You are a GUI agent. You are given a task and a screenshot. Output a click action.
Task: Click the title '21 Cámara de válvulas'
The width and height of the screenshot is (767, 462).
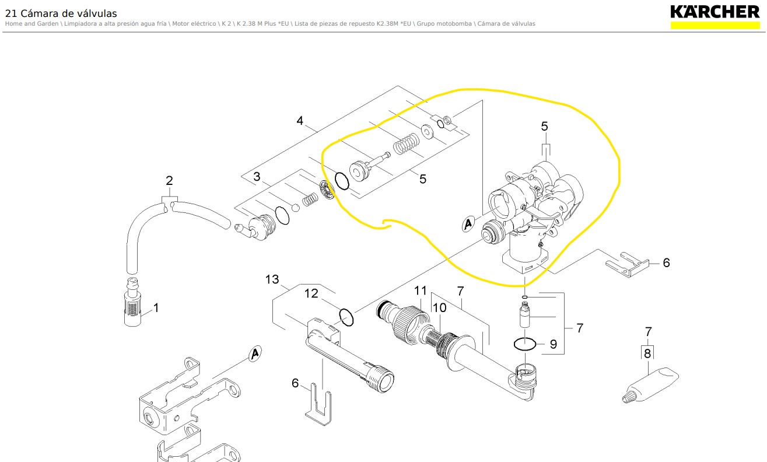[61, 13]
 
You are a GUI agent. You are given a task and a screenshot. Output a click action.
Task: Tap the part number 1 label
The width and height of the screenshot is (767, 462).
[156, 307]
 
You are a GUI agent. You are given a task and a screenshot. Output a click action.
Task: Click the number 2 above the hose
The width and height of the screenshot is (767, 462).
[169, 180]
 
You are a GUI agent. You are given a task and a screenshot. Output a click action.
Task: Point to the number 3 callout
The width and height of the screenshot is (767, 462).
[257, 176]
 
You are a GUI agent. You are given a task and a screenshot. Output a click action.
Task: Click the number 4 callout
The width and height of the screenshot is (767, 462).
[300, 121]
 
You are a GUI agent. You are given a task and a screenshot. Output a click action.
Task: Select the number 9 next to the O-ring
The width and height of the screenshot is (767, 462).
[554, 344]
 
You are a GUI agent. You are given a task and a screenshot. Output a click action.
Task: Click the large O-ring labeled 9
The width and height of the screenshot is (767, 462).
[525, 344]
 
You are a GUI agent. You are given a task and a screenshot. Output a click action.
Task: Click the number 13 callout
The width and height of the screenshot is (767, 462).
[272, 279]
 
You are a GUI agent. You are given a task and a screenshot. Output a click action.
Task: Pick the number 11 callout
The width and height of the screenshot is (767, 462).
[421, 290]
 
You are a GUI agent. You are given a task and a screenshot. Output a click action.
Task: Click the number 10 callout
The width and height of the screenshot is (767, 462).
[439, 307]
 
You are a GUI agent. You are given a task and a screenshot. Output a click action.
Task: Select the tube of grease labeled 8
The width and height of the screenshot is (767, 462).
[650, 385]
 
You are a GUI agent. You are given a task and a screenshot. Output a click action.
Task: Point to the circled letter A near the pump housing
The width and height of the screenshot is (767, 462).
[468, 224]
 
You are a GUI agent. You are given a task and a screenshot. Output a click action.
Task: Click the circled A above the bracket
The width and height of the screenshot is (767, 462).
[255, 354]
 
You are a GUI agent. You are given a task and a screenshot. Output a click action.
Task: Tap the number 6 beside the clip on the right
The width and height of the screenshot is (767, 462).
[666, 262]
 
